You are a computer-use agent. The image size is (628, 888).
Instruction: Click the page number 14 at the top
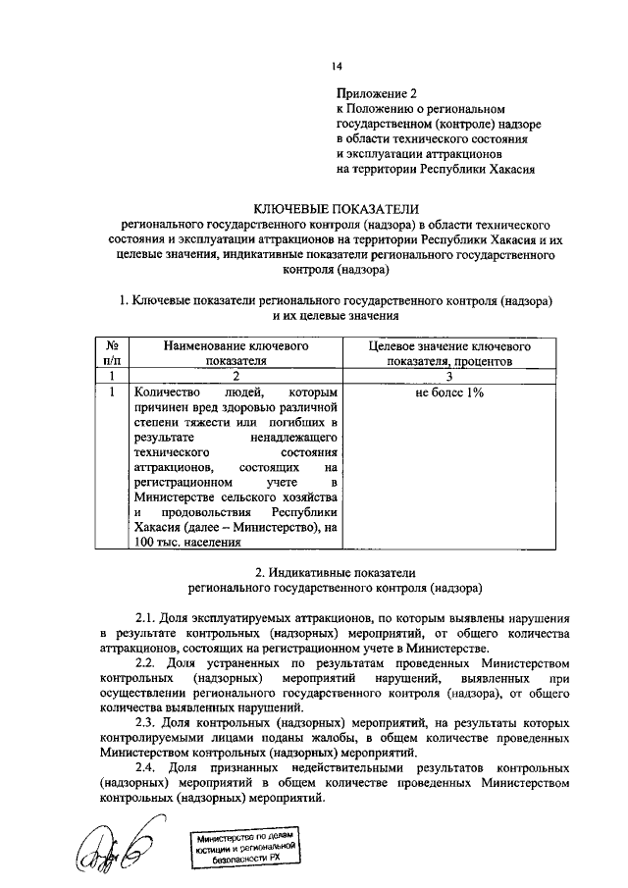[x=337, y=66]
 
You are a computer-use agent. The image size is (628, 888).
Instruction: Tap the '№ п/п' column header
[x=112, y=352]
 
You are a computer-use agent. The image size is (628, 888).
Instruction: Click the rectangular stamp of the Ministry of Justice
[x=244, y=845]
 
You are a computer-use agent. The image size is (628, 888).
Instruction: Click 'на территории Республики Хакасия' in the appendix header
[x=435, y=169]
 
